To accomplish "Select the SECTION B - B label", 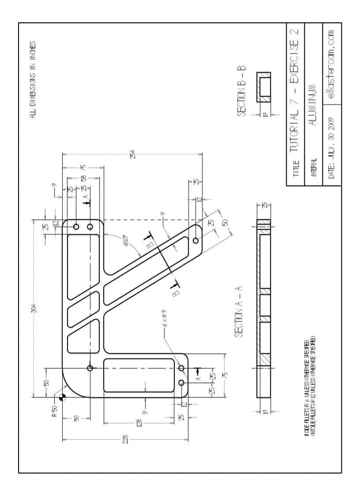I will click(242, 91).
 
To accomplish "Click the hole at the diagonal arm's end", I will click(195, 241).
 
